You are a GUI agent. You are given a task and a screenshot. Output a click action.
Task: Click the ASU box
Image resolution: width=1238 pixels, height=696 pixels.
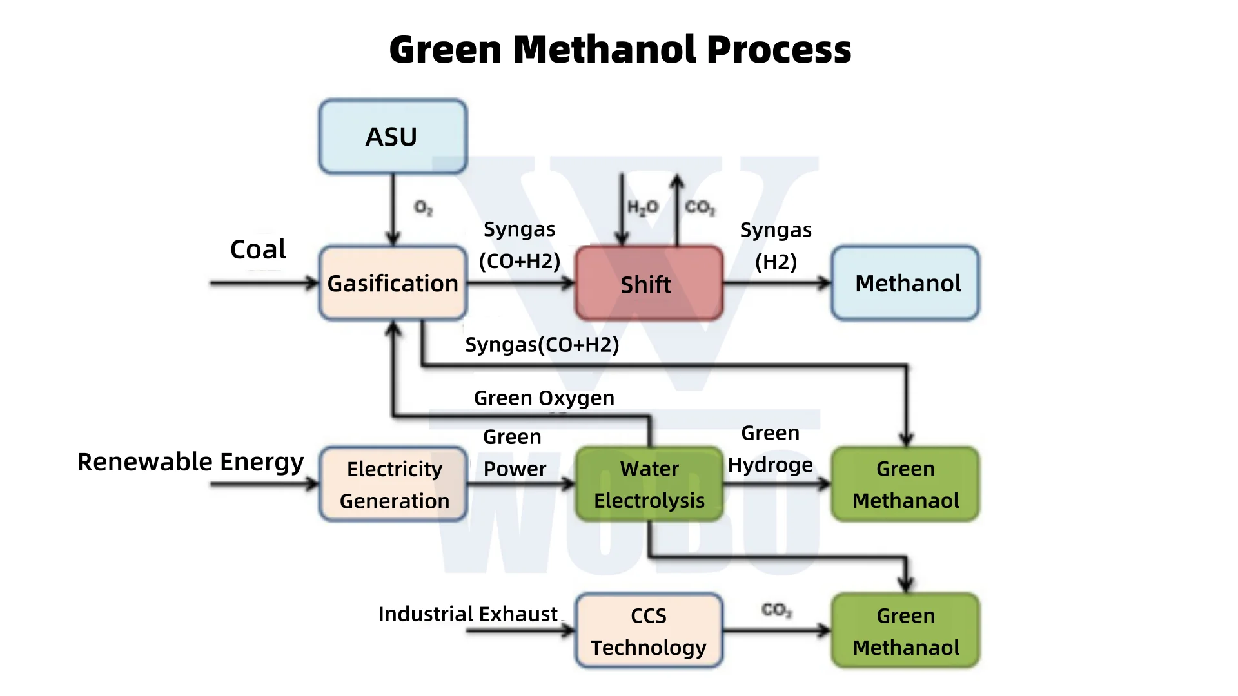click(393, 137)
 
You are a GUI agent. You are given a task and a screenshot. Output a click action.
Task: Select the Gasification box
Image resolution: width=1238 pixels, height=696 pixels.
click(393, 283)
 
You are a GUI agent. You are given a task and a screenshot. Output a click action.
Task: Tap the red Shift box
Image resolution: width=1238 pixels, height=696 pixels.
click(648, 284)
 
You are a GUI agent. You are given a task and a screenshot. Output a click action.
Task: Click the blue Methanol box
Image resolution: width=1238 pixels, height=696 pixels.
click(905, 283)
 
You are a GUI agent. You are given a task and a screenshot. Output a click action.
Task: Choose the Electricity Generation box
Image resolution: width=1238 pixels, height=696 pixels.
click(393, 485)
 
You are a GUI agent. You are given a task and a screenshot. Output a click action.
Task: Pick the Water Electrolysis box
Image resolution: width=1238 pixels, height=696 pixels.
click(649, 485)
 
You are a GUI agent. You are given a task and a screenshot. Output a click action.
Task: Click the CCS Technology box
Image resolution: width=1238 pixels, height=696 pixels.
click(649, 631)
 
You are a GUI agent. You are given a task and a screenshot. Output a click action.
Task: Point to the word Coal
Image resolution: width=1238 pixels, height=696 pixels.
click(258, 249)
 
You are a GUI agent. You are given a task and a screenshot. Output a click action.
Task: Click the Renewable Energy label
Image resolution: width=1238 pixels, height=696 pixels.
click(190, 462)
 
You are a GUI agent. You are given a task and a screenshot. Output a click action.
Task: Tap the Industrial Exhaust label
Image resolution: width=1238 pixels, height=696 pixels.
click(467, 614)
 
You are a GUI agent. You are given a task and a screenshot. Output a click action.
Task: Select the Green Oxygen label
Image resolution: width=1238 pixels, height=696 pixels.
click(544, 398)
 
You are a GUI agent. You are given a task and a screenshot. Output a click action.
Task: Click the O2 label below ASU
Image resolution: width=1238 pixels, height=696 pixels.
click(423, 208)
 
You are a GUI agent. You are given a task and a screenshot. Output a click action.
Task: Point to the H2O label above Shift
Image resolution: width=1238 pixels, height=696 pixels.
click(642, 208)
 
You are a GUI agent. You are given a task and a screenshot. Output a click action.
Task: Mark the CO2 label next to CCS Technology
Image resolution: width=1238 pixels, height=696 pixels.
click(776, 610)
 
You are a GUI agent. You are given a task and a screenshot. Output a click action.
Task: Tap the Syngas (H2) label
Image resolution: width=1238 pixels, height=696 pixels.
click(776, 246)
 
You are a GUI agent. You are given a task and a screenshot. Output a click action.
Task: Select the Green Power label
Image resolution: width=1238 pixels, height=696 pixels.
click(514, 453)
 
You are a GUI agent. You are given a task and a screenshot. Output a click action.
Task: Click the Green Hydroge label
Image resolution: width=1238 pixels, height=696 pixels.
click(770, 449)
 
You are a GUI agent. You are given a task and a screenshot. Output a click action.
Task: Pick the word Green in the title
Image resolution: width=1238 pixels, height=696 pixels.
click(446, 50)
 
